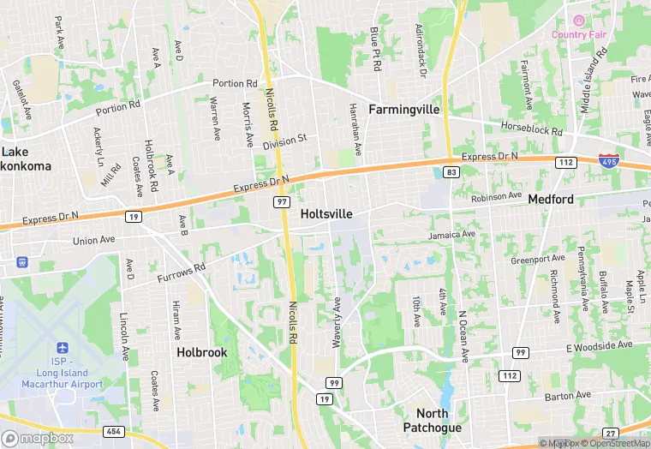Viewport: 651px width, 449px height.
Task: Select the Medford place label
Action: tap(551, 199)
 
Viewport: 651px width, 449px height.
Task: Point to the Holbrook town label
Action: tap(202, 352)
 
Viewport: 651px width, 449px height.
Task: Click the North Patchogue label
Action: tap(433, 421)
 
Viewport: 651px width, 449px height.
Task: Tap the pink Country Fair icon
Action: tap(578, 21)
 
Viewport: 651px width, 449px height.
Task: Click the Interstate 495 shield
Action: tap(607, 161)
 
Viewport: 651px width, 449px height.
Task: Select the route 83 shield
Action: tap(452, 172)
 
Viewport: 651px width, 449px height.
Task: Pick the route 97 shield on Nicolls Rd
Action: tap(281, 201)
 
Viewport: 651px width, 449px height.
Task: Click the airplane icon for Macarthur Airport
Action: tap(61, 349)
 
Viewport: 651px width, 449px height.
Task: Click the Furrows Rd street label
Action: tap(182, 273)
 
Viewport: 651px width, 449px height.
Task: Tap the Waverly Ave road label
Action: tap(337, 322)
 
